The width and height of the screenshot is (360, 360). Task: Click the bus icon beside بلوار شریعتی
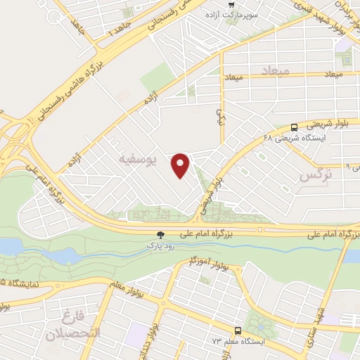click(293, 127)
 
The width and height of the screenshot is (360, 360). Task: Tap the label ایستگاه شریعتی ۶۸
click(289, 139)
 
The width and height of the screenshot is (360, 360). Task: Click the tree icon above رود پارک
click(160, 236)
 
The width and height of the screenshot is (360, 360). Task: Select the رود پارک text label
click(159, 247)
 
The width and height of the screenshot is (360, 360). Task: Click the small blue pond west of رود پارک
click(11, 246)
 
